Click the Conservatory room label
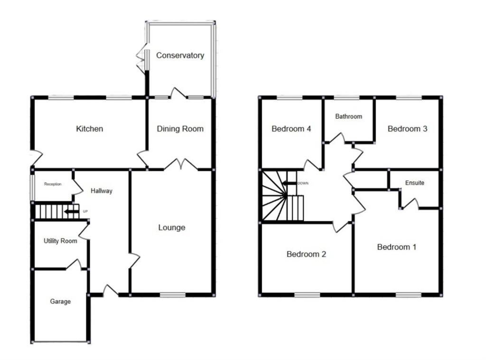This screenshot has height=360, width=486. (x=180, y=56)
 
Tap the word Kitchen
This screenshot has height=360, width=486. (x=90, y=129)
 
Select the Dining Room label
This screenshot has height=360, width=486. (x=180, y=129)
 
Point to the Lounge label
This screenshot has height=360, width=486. (x=172, y=227)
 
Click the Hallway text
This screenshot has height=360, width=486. (x=102, y=191)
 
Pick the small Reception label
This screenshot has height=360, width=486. (x=53, y=184)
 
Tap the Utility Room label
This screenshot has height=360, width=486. (x=60, y=241)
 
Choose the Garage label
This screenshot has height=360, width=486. (x=60, y=302)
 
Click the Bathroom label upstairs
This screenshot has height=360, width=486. (x=349, y=116)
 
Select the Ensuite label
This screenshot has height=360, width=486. (x=414, y=183)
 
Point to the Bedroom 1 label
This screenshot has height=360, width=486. (x=397, y=247)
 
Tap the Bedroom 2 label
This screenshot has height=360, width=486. (x=306, y=254)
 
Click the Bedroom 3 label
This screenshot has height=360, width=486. (x=407, y=129)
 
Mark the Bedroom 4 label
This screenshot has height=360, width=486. (x=291, y=129)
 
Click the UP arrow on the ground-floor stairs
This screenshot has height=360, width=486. (x=72, y=211)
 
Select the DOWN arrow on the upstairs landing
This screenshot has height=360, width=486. (x=289, y=183)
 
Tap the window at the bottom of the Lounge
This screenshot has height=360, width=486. (x=172, y=295)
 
